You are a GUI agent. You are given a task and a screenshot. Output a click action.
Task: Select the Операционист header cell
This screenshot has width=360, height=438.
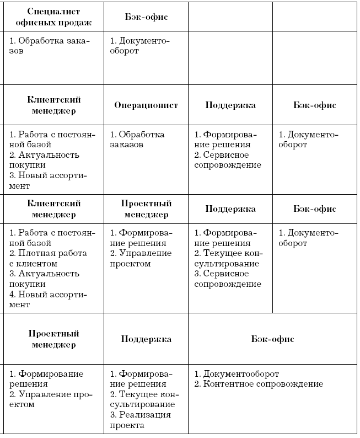click(x=146, y=105)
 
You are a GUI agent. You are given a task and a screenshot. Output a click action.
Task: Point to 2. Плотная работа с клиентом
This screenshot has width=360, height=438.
click(x=49, y=258)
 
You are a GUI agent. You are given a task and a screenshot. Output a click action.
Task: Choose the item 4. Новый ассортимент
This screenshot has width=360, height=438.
click(x=49, y=299)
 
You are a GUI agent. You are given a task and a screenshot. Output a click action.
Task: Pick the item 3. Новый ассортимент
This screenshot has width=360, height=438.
click(x=49, y=180)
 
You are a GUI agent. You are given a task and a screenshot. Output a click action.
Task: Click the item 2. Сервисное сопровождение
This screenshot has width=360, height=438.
click(x=227, y=160)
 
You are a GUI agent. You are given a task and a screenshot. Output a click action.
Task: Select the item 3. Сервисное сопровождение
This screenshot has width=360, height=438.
click(x=227, y=279)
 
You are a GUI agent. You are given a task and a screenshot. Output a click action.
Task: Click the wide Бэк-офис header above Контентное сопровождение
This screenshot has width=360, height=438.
click(x=272, y=339)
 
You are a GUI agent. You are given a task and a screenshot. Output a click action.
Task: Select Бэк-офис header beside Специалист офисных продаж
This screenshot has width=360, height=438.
click(x=146, y=17)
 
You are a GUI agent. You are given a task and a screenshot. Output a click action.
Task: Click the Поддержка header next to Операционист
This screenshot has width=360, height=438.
click(x=230, y=105)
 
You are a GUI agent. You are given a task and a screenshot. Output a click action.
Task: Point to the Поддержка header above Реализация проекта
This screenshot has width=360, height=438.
click(x=146, y=339)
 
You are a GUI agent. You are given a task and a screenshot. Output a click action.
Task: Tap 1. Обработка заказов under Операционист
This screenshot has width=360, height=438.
click(x=137, y=140)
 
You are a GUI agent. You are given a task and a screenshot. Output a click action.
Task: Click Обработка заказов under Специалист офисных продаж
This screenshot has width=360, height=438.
click(x=49, y=46)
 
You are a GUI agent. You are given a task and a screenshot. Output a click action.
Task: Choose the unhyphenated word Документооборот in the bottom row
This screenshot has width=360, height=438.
click(x=240, y=373)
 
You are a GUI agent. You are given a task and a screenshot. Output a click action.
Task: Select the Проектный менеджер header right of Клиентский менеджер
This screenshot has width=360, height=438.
click(x=146, y=209)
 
